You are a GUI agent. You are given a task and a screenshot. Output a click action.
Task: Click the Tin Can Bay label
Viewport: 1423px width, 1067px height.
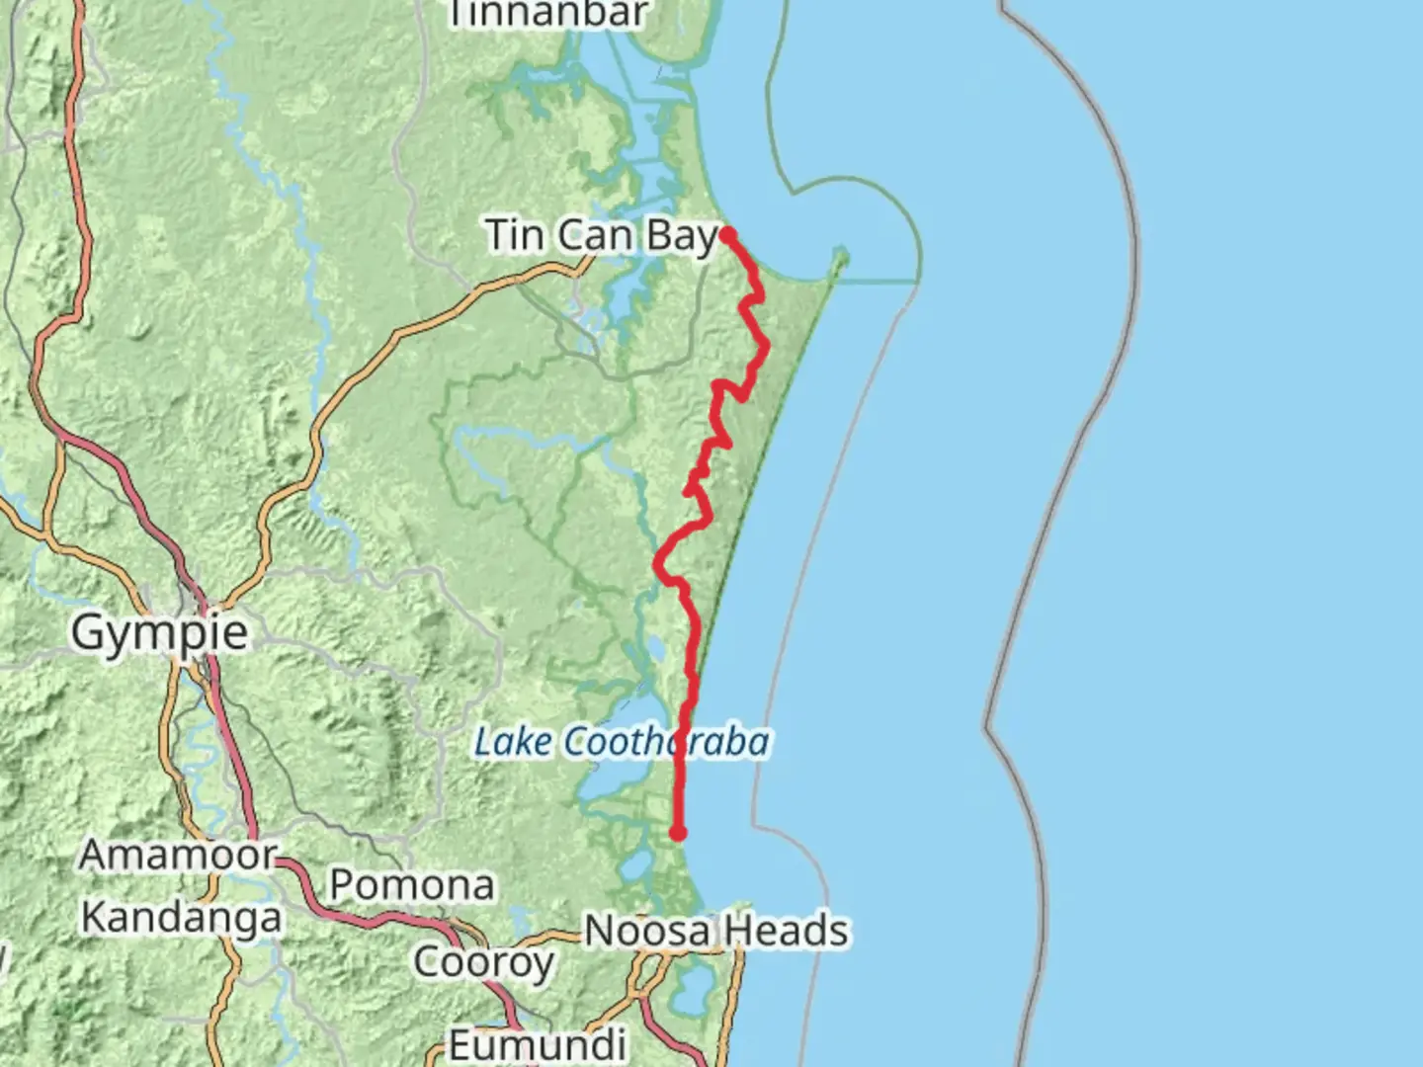tap(602, 236)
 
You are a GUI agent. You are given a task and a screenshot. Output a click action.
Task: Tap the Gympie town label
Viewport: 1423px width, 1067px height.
tap(159, 632)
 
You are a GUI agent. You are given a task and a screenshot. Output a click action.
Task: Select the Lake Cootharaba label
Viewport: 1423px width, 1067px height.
tap(622, 741)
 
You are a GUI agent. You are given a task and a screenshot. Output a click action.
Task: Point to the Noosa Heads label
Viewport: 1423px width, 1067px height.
tap(716, 931)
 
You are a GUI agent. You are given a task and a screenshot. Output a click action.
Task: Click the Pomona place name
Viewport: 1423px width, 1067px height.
tap(411, 884)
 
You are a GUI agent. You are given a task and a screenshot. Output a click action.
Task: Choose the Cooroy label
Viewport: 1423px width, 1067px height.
tap(483, 960)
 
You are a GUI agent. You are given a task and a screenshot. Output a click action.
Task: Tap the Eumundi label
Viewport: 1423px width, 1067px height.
tap(538, 1043)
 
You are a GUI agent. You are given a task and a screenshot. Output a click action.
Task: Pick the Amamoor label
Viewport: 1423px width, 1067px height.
tap(178, 855)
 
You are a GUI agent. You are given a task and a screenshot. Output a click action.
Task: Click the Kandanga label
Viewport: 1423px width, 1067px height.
tap(181, 917)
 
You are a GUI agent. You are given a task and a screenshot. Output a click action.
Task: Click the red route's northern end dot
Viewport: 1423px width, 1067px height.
tap(727, 234)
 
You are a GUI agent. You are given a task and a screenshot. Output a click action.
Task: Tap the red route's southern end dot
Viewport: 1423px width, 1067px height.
tap(678, 833)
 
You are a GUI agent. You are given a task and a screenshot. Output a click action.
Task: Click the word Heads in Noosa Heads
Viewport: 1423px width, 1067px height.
tap(785, 931)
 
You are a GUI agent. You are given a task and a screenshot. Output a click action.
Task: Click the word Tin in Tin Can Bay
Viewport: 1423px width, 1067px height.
tap(515, 235)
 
